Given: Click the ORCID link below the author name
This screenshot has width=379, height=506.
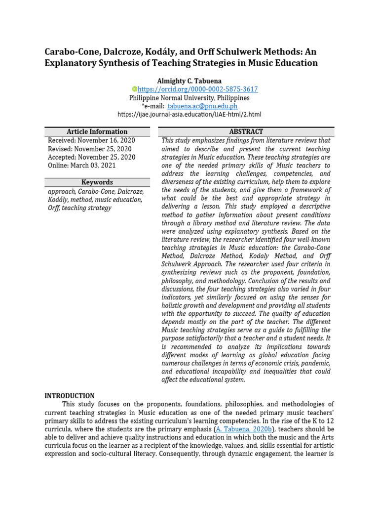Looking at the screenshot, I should click(x=197, y=89).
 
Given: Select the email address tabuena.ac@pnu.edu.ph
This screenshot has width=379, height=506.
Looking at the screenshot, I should click(x=202, y=106).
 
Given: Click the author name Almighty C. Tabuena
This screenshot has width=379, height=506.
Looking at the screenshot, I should click(x=189, y=81).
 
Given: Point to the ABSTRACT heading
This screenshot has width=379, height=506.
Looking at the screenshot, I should click(x=246, y=131).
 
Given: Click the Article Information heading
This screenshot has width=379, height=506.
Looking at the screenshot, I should click(x=97, y=131).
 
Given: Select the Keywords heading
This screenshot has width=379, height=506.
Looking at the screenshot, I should click(x=97, y=182).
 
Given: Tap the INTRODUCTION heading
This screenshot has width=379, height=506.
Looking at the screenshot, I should click(x=70, y=396).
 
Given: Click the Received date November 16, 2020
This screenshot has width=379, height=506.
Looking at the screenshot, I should click(x=91, y=140).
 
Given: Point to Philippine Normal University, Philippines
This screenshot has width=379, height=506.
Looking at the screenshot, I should click(x=189, y=98).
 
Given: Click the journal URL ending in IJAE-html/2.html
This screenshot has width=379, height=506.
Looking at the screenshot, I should click(x=189, y=114).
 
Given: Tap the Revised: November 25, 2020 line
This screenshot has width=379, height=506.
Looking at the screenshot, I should click(x=90, y=149).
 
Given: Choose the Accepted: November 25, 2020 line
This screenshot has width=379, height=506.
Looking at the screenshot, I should click(x=91, y=157).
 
